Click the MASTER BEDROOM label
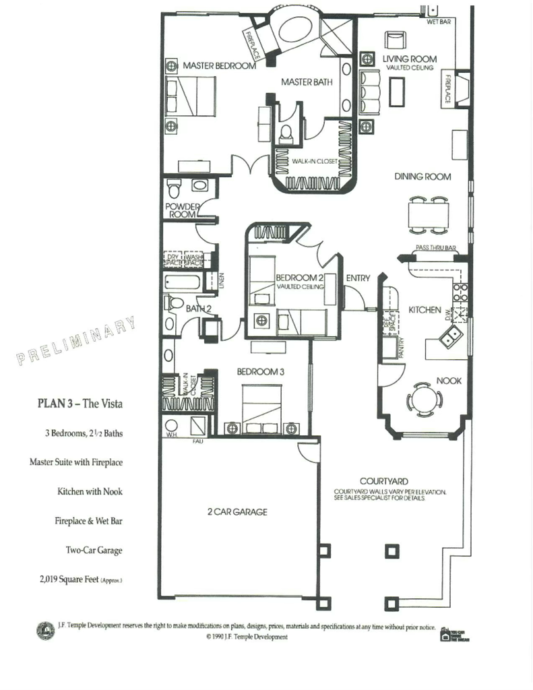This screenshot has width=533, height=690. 219,66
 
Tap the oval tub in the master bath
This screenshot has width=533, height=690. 291,31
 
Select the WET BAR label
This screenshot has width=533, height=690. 439,22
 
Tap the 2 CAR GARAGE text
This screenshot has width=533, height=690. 237,511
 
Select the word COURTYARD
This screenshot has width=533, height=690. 383,481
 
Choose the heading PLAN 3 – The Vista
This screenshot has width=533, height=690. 80,404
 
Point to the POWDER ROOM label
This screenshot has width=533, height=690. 181,210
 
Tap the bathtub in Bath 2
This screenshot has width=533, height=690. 181,282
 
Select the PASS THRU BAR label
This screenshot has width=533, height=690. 436,249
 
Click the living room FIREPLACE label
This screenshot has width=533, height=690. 447,90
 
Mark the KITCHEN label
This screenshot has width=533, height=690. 425,310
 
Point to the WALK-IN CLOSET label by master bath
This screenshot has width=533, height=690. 314,162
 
